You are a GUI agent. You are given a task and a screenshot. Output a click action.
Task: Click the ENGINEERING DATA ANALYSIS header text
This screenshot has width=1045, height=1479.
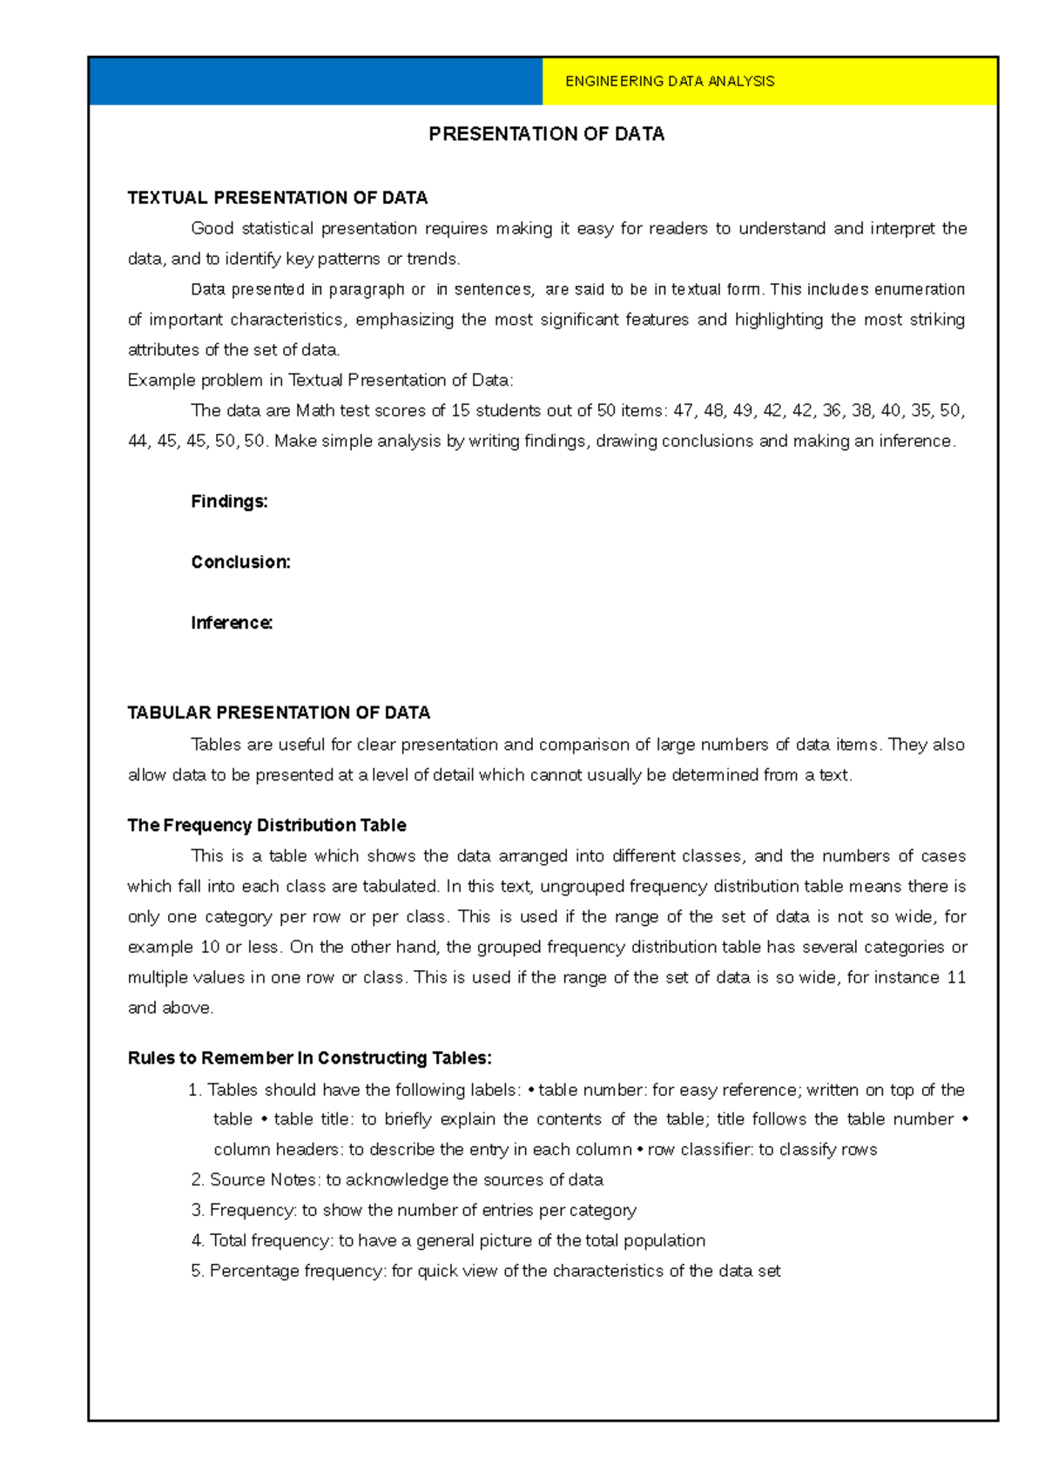pos(669,81)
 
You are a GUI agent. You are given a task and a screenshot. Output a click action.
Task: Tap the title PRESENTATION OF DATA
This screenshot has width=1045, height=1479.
pos(546,134)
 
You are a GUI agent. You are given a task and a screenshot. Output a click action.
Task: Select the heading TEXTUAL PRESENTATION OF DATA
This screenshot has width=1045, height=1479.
pos(277,198)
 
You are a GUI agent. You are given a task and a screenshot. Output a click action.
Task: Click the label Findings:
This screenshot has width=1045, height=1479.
pos(229,502)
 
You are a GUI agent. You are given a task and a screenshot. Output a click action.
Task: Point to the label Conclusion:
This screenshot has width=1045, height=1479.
pos(240,563)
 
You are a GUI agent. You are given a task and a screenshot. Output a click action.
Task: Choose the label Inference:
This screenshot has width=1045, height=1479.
pos(232,624)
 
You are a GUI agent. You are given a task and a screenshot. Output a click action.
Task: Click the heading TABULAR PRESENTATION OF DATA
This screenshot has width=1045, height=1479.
pos(279,713)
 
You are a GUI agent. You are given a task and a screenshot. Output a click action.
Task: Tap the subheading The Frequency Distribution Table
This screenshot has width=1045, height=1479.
pos(266,826)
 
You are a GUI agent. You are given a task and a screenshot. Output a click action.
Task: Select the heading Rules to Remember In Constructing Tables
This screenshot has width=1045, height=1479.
pos(309,1058)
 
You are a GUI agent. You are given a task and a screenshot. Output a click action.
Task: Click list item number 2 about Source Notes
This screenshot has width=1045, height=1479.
pos(397,1180)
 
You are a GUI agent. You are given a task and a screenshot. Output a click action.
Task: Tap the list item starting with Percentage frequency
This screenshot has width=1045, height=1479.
pos(486,1272)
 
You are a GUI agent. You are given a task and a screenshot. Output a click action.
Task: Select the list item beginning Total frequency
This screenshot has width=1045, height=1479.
pos(448,1241)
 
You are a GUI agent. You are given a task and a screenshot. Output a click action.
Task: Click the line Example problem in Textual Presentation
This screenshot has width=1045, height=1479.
pos(320,381)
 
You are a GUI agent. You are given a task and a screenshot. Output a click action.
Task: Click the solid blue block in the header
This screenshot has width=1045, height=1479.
pos(315,81)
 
